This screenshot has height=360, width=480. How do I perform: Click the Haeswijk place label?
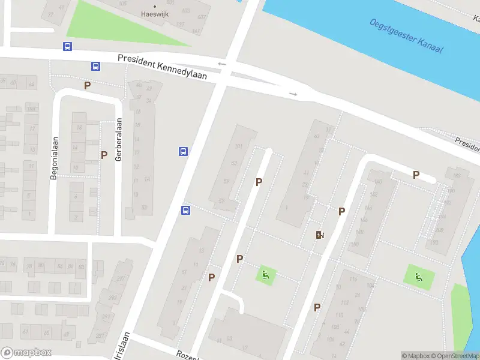tap(154, 14)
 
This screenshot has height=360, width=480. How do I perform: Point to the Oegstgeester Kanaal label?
tap(406, 35)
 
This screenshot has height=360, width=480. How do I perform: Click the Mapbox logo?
tap(26, 353)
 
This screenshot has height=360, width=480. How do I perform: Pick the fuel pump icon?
tap(320, 235)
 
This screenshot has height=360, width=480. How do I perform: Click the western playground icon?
tap(265, 276)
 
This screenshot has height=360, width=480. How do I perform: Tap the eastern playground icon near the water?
tap(419, 277)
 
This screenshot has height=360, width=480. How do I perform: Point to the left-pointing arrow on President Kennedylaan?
tap(221, 64)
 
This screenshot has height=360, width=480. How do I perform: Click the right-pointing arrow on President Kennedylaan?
tap(293, 94)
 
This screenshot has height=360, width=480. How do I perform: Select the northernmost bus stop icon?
tap(67, 46)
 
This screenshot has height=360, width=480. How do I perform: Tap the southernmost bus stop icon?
tap(186, 210)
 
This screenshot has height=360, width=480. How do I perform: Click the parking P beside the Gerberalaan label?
tap(104, 155)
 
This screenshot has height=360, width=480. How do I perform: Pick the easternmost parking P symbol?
tap(416, 175)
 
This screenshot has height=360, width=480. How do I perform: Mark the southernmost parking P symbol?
tap(317, 307)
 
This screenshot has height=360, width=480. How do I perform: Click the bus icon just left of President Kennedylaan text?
tap(95, 66)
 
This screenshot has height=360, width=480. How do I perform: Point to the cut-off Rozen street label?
tap(187, 355)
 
